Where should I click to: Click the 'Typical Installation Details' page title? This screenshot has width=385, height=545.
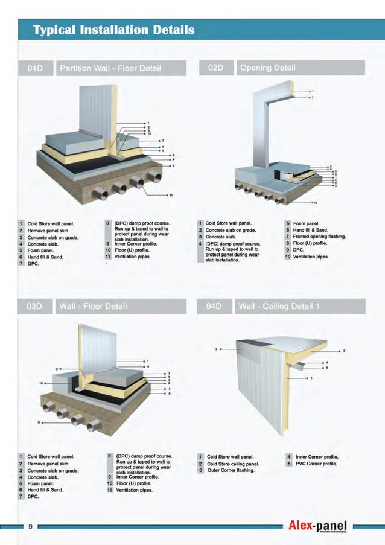click(113, 29)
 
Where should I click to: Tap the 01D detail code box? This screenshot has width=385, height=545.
click(37, 68)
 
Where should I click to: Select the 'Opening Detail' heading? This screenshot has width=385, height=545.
click(267, 68)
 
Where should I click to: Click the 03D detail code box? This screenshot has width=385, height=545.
click(37, 306)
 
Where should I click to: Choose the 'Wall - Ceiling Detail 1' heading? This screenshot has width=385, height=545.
click(279, 306)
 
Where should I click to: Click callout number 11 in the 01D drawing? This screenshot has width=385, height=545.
click(171, 195)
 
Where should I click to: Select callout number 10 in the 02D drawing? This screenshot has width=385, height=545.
click(315, 202)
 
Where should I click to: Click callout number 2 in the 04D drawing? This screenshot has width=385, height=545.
click(344, 350)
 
